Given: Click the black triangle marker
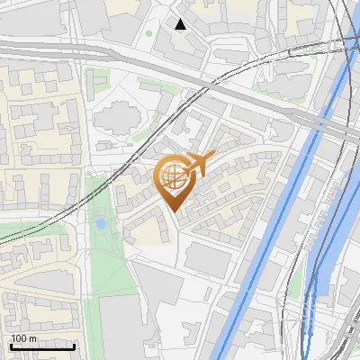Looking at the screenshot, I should click(x=181, y=23).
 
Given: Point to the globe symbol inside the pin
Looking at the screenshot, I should click(x=172, y=175).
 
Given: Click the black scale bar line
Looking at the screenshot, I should click(x=41, y=346).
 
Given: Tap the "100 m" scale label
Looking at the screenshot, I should click(x=24, y=338).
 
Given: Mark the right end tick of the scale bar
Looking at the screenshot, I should click(x=75, y=345).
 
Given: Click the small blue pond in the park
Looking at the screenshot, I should click(x=102, y=223).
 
